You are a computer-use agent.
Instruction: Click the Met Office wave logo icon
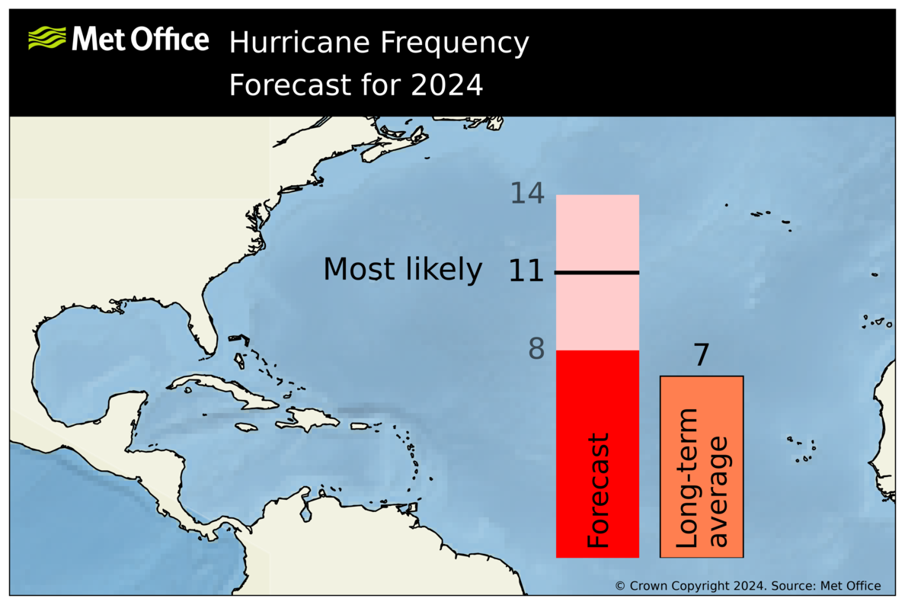click(x=46, y=37)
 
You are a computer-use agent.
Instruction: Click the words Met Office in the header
click(x=140, y=39)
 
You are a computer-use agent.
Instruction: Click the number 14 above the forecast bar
click(x=527, y=194)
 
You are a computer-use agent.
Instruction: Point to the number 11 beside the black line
click(x=526, y=272)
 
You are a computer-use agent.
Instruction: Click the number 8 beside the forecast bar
click(x=536, y=350)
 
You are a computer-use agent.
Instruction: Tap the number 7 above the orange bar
click(x=701, y=356)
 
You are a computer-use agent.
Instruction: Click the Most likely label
click(x=402, y=270)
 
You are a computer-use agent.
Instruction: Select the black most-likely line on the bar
click(x=597, y=272)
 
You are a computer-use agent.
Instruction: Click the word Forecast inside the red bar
click(x=599, y=491)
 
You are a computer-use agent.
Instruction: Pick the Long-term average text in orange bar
click(x=702, y=479)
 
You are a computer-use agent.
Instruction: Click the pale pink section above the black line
click(x=597, y=232)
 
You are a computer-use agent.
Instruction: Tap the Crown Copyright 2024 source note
click(x=747, y=586)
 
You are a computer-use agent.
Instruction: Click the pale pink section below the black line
click(x=597, y=312)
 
